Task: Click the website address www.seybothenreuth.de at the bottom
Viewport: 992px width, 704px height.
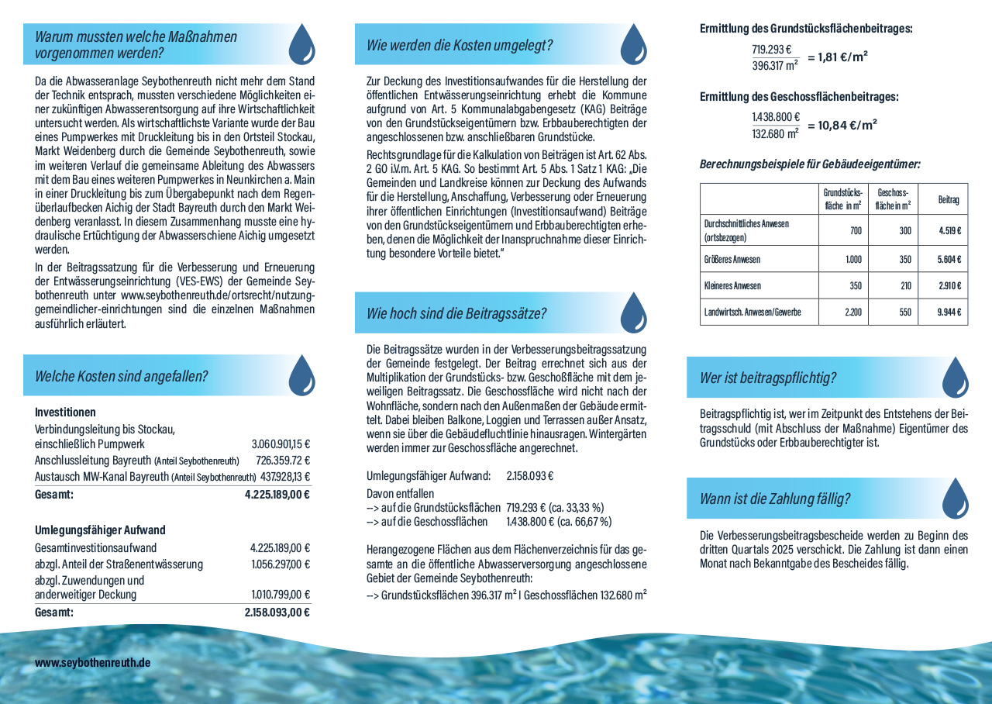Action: (x=92, y=663)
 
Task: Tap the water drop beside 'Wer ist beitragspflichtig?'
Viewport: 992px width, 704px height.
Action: (x=955, y=378)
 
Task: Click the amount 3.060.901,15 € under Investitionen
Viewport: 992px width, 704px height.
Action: (x=281, y=444)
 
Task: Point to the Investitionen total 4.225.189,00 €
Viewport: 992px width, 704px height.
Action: (x=277, y=494)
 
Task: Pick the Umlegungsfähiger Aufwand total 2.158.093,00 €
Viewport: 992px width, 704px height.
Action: (x=277, y=612)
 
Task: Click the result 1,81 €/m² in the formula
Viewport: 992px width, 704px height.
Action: (x=837, y=57)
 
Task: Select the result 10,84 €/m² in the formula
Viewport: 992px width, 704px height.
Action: (x=842, y=125)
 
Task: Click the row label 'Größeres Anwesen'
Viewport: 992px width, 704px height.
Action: (x=732, y=259)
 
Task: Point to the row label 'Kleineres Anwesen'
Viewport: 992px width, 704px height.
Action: (x=732, y=285)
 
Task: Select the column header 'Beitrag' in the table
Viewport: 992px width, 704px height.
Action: (x=948, y=199)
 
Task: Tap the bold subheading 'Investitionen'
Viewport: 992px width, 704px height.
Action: (x=65, y=412)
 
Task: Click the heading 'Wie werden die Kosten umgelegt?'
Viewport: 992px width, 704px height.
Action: (x=460, y=45)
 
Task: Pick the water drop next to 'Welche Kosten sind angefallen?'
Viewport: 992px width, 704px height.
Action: (x=301, y=375)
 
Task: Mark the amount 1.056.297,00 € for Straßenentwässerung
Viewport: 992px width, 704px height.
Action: (x=280, y=564)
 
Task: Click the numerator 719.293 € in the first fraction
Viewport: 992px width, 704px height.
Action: (x=771, y=50)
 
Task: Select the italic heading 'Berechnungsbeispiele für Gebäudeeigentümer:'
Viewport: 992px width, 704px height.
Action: (x=810, y=164)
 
